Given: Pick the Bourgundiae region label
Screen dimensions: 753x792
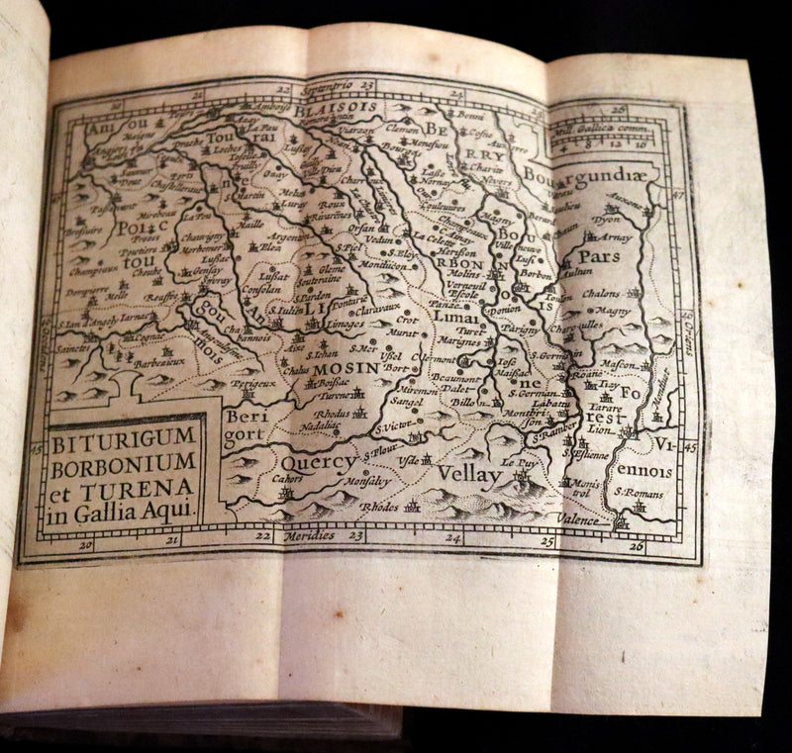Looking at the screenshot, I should coord(591,177).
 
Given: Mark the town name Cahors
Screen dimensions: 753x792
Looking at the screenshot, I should coord(259,478).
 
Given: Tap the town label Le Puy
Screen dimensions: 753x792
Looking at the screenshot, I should coord(519,462).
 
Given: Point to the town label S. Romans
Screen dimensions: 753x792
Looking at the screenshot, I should coord(636,492).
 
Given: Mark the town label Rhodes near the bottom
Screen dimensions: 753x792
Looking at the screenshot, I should coord(378,506).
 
